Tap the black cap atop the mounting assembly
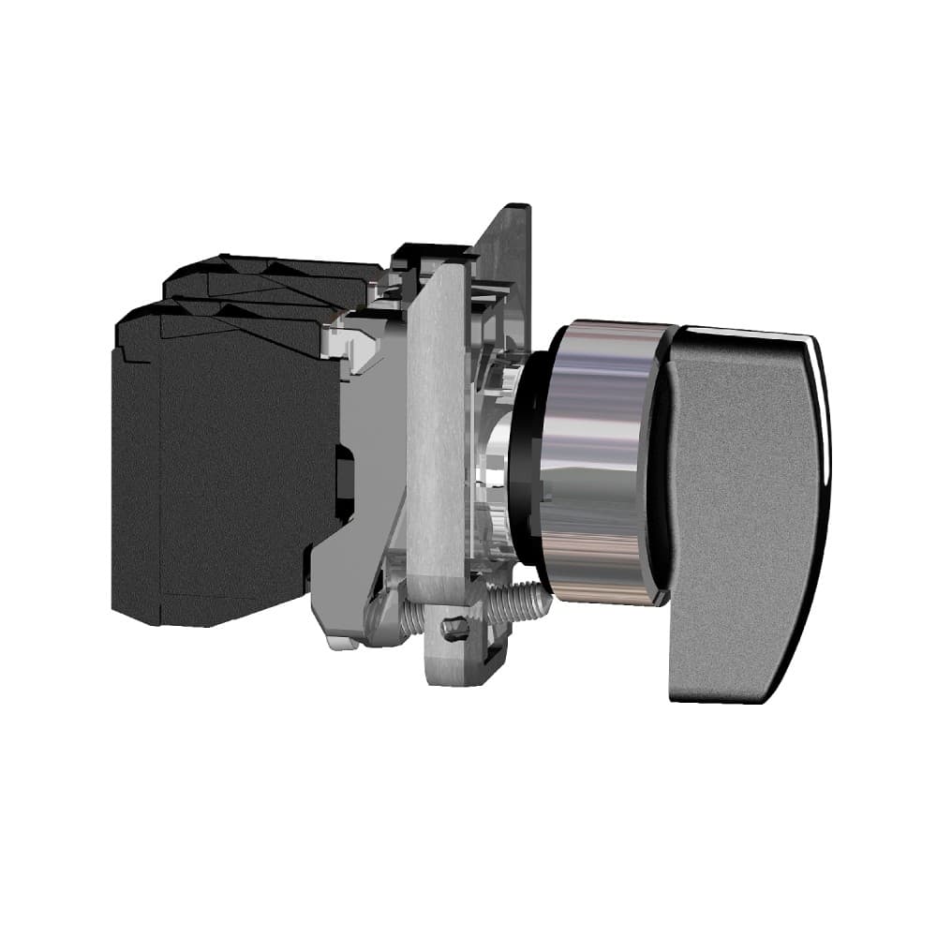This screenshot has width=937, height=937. coord(431,251)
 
